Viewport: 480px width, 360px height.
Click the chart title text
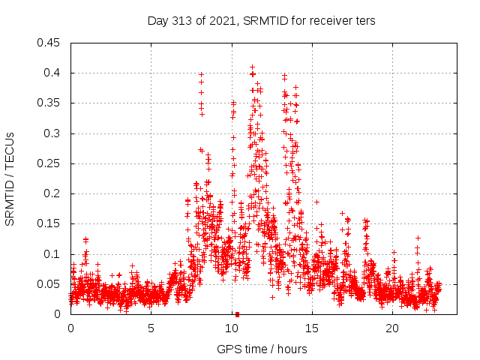[x=261, y=21]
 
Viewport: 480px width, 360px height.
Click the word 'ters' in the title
[x=364, y=21]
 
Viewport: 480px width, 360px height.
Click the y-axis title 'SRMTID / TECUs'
[x=10, y=178]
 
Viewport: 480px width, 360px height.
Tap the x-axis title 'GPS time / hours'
[x=261, y=349]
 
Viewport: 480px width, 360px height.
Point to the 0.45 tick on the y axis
[x=49, y=43]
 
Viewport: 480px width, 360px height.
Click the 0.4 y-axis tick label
[x=52, y=73]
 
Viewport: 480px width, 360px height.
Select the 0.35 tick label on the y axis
[x=49, y=103]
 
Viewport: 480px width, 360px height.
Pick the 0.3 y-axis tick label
[x=52, y=133]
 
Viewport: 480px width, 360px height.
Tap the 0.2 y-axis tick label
[x=52, y=193]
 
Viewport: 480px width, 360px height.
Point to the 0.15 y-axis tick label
[x=49, y=223]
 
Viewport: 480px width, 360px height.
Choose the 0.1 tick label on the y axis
[x=52, y=254]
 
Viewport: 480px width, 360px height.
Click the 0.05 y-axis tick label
[x=49, y=284]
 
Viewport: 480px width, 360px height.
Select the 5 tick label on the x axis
[x=151, y=328]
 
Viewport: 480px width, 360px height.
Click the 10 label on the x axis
[x=232, y=328]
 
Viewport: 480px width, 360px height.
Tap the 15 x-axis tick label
[x=312, y=328]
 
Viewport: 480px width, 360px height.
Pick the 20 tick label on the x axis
[x=392, y=328]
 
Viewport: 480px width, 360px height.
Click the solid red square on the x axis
[x=237, y=314]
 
